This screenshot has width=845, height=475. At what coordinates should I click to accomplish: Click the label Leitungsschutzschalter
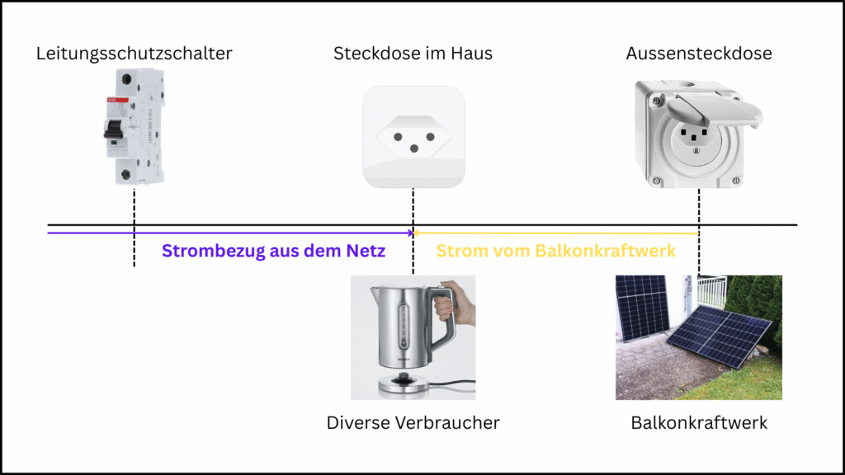pos(135,54)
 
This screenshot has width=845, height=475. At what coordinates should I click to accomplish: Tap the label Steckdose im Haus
pos(413,54)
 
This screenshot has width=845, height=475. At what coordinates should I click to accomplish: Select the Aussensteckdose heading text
pos(699,54)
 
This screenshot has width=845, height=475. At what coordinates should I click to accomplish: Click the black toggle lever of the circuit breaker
pos(113,129)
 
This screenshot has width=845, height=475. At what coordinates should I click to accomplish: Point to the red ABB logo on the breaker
pos(117,100)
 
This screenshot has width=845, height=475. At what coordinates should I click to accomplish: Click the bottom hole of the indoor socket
pos(414,148)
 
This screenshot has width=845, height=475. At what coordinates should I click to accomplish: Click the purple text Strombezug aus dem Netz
pos(274,251)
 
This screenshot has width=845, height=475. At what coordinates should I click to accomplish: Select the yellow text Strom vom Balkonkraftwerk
pos(555,251)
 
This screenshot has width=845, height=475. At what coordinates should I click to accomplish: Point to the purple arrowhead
pos(410,233)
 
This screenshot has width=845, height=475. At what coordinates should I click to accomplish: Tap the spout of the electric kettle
pos(375,293)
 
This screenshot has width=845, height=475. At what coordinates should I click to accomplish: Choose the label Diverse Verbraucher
pos(413,423)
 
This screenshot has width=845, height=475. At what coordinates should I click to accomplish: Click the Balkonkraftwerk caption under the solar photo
pos(699,423)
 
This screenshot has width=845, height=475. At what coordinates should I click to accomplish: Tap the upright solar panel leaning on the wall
pos(642,308)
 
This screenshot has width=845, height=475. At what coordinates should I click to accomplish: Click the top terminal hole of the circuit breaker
pos(126,80)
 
